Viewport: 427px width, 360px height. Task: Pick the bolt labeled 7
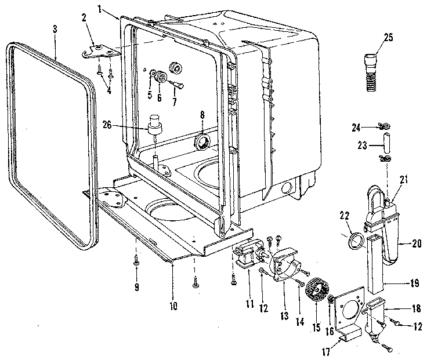pyautogui.click(x=177, y=85)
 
